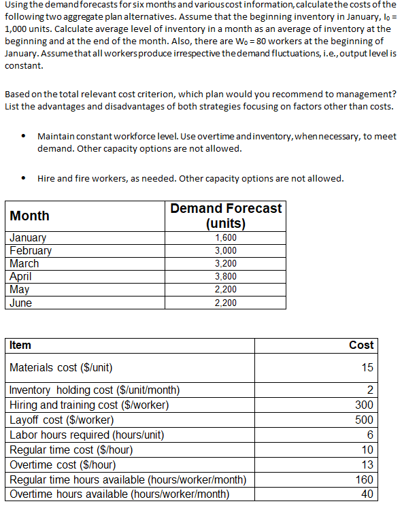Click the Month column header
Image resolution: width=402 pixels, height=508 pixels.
[x=30, y=216]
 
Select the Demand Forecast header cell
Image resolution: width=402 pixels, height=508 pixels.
[x=226, y=216]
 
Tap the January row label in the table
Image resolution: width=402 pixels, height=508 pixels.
[x=28, y=238]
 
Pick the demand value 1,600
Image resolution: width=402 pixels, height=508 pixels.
[x=226, y=238]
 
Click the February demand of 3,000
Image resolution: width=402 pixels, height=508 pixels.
[x=226, y=251]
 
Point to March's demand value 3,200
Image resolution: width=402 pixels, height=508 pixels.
[x=226, y=264]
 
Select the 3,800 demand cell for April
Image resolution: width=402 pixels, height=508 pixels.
[x=226, y=277]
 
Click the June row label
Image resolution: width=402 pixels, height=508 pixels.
[x=21, y=303]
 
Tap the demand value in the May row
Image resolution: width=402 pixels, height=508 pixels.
[x=226, y=290]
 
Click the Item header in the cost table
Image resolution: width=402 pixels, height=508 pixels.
[x=20, y=345]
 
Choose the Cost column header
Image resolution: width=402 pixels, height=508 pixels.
[x=361, y=345]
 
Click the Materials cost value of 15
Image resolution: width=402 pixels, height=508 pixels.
[x=367, y=368]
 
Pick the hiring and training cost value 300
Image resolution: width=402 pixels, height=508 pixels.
[x=365, y=405]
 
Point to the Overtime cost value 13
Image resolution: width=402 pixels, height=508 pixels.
[x=367, y=465]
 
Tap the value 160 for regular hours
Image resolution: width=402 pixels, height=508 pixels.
[x=365, y=480]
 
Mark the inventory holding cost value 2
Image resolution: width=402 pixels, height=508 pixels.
[x=370, y=390]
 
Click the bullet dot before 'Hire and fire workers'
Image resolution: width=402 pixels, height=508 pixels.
[x=23, y=180]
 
